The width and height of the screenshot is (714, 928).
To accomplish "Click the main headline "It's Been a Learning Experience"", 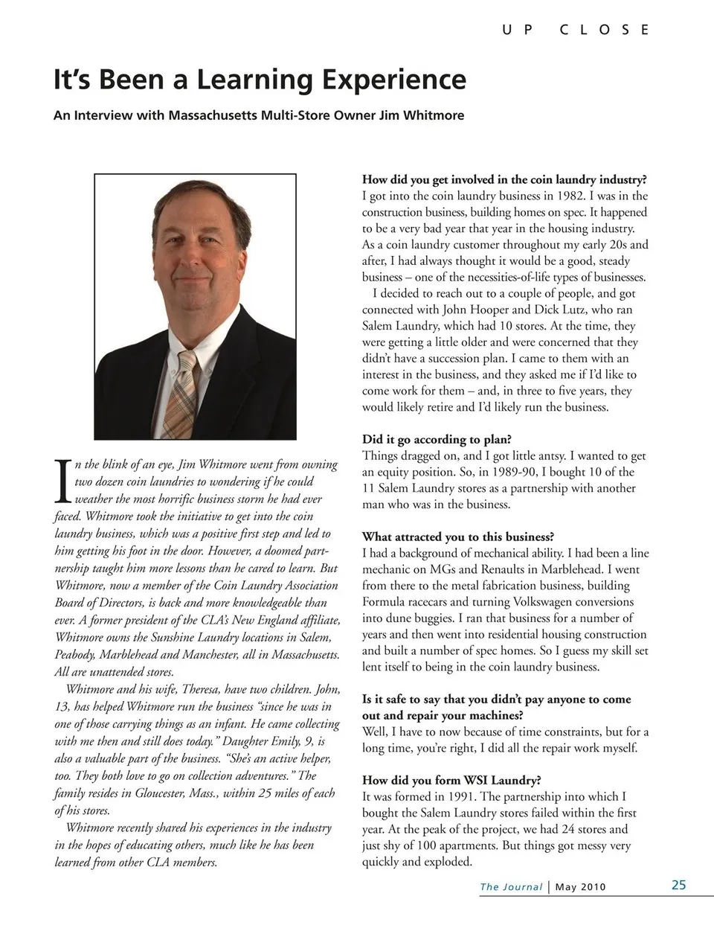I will tap(260, 80).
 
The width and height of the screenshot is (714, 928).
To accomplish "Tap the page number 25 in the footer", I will tap(678, 885).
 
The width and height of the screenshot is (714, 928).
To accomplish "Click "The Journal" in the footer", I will tap(511, 886).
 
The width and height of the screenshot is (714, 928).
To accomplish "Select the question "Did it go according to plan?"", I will tap(437, 439).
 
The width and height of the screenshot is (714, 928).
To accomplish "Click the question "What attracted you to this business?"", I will tap(458, 537).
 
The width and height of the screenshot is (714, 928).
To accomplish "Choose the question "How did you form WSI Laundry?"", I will tap(451, 780).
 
